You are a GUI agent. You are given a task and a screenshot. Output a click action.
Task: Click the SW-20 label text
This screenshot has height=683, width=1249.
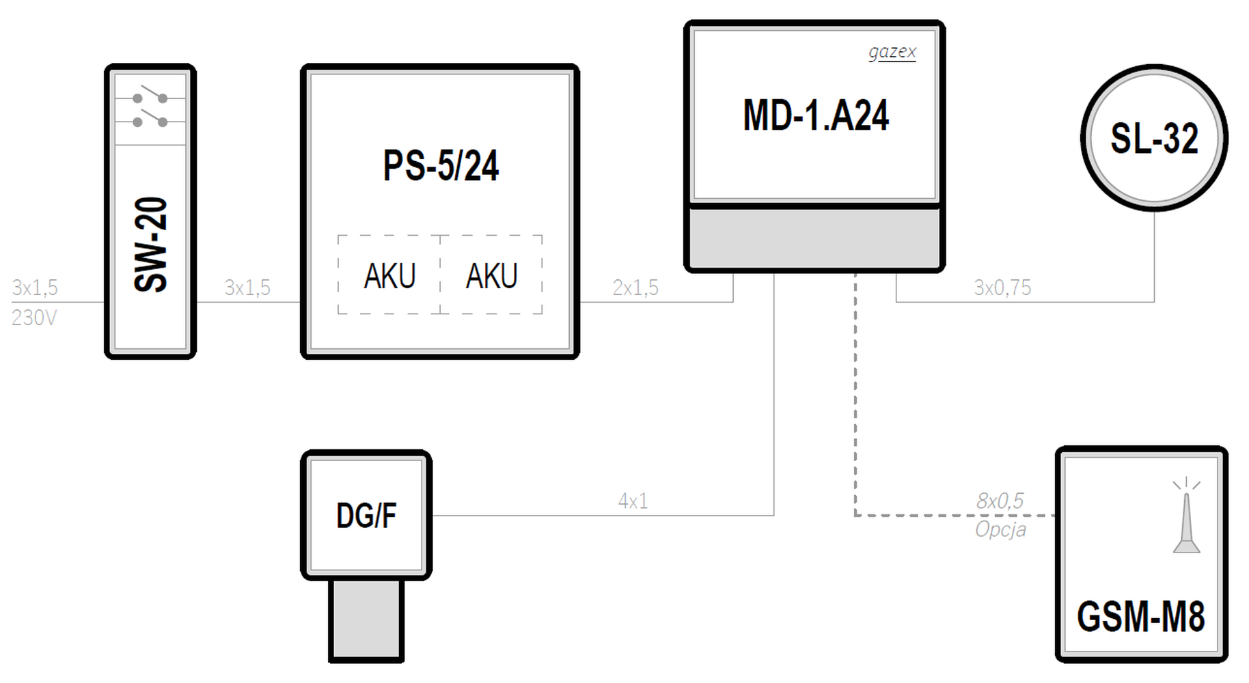coord(151,245)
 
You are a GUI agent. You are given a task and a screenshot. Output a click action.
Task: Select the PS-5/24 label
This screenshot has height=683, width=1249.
coord(441,165)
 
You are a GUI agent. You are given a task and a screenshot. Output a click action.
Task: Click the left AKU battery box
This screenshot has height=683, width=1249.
coord(389,275)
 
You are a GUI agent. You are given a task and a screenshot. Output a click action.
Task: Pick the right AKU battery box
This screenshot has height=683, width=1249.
coord(491,275)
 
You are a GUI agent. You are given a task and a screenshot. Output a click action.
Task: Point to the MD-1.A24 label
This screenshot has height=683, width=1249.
coord(816,115)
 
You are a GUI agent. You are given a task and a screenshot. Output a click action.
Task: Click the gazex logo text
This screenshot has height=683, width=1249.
coord(892,52)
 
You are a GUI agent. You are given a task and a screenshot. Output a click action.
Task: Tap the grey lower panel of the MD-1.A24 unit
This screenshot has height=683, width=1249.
coord(814,238)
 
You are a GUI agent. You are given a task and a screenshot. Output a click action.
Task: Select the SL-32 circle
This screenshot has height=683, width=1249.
coord(1154,138)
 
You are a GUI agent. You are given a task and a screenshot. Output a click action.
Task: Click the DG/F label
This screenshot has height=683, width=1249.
coord(366,516)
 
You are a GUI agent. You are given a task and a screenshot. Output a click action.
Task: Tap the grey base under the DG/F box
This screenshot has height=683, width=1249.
coord(366,621)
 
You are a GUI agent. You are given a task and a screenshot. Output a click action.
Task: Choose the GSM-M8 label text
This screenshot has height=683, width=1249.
coord(1141,616)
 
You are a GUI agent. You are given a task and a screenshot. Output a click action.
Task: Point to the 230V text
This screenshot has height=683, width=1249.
coord(34,318)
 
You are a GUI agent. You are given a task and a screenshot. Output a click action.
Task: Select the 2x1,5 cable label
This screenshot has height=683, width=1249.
coord(635,288)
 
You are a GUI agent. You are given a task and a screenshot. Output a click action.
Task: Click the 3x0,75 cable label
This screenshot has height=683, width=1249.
coord(1002,288)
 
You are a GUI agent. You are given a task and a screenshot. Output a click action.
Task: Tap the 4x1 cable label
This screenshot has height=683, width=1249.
coord(633,501)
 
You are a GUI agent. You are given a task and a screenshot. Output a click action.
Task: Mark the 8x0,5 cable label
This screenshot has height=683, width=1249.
coord(1000,501)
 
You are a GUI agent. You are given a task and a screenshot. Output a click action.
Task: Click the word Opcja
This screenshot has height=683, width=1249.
coord(1001,530)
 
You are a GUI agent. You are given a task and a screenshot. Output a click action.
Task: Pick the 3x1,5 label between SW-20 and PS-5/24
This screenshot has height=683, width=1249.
coord(247,288)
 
